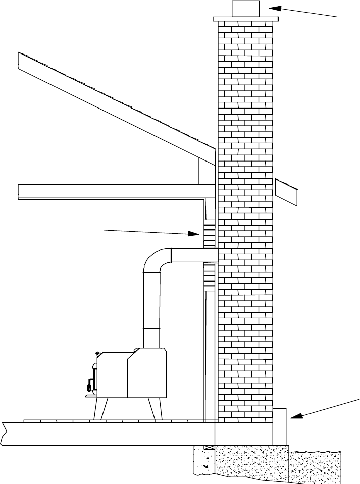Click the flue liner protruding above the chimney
pyautogui.click(x=246, y=9)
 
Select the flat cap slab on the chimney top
pyautogui.click(x=246, y=20)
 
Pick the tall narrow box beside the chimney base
pyautogui.click(x=280, y=426)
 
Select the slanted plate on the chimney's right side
pyautogui.click(x=286, y=192)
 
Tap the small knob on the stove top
pyautogui.click(x=97, y=352)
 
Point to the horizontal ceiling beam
pyautogui.click(x=111, y=191)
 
